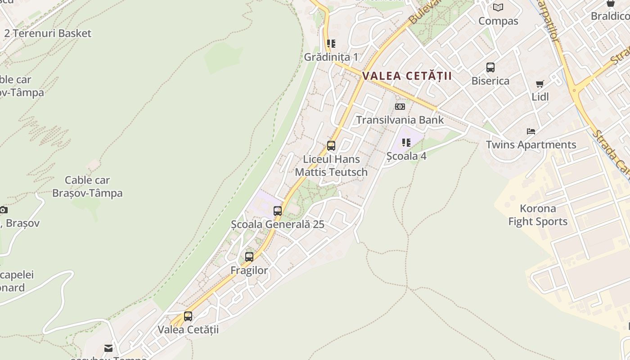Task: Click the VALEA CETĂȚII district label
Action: coord(407,76)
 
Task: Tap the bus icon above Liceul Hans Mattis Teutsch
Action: coord(331,146)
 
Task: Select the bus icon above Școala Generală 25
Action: coord(278,211)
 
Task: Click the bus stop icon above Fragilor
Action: coord(249,257)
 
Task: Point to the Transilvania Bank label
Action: coord(400,120)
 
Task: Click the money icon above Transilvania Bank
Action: coord(400,107)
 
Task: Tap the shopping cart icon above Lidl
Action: coord(540,84)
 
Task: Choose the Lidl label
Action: coord(540,97)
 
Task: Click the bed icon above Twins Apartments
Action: coord(531,131)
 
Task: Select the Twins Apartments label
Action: coord(531,145)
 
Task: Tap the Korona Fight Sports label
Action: coord(538,215)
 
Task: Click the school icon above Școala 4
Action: coord(406,143)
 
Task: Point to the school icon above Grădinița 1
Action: coord(331,44)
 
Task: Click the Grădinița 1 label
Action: coord(331,57)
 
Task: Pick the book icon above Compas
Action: coord(498,8)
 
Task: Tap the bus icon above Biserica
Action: coord(490,67)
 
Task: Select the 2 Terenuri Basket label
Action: coord(48,33)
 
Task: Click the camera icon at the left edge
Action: coord(4,210)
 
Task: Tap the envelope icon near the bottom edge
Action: coord(108,348)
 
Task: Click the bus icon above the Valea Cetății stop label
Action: coord(188,316)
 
